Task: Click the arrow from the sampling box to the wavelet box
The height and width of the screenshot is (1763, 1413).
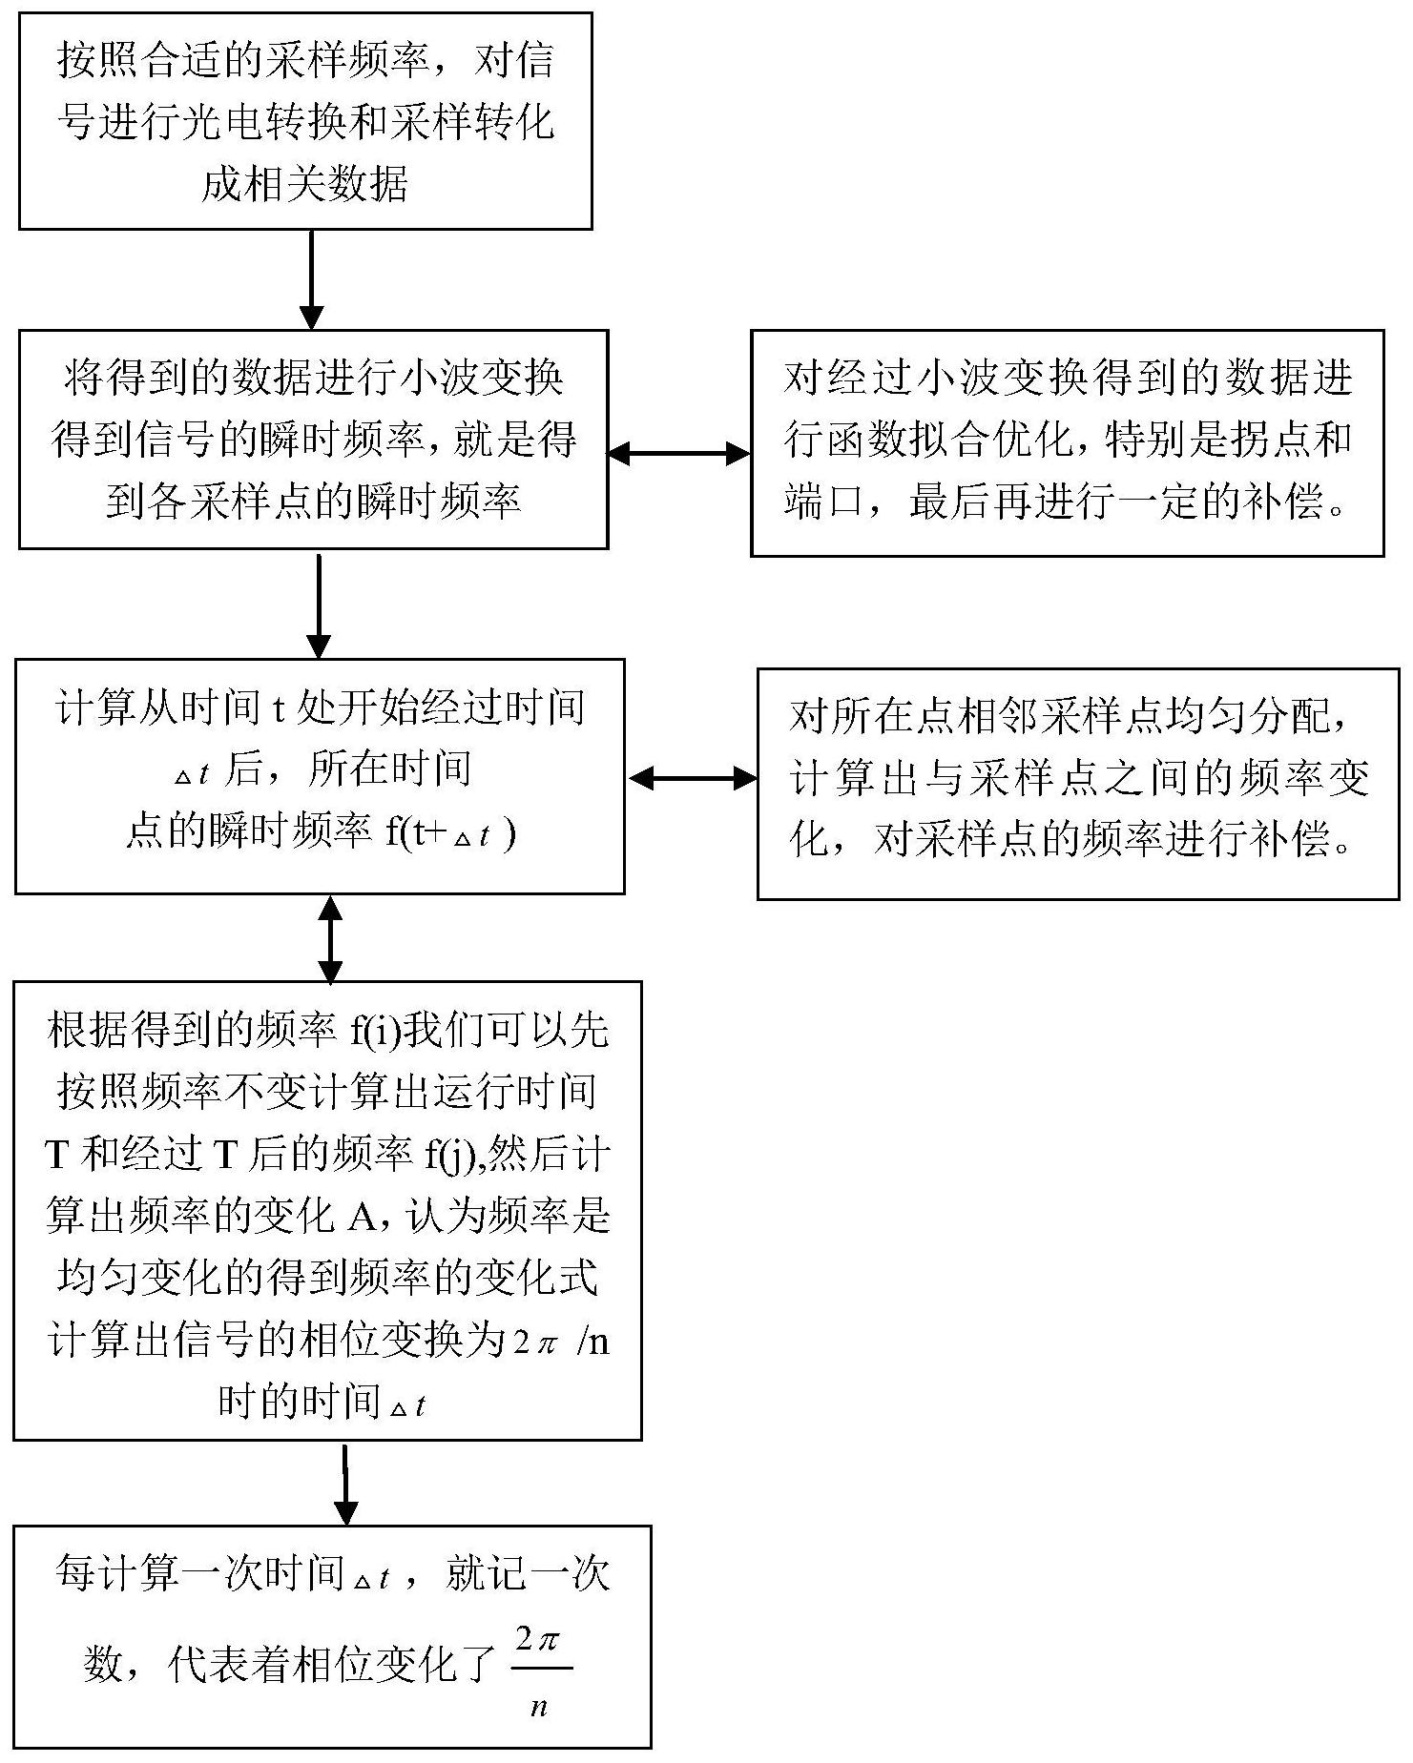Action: [x=311, y=280]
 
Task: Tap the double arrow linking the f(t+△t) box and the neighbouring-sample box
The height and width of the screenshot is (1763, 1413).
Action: [x=692, y=778]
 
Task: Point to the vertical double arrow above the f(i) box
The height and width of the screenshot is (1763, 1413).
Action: [x=330, y=938]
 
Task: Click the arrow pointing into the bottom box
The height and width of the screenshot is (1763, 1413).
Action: [x=345, y=1484]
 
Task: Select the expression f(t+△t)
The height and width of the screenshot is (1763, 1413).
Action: [x=450, y=833]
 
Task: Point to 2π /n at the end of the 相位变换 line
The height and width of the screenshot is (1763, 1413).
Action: [x=561, y=1342]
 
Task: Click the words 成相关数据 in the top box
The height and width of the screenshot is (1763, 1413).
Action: [x=305, y=183]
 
